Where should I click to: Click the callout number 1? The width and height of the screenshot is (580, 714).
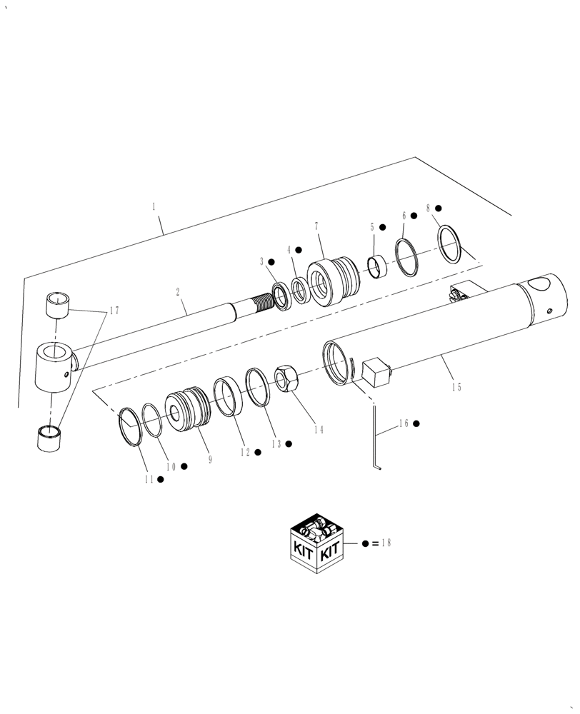tap(154, 206)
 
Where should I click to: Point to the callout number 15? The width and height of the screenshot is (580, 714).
tap(456, 387)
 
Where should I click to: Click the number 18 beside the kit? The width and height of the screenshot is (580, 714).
tap(386, 543)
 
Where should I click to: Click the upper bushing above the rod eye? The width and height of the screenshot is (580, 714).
tap(58, 305)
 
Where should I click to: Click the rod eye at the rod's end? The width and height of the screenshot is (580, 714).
tap(54, 366)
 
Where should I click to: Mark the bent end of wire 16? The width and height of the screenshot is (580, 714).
tap(379, 468)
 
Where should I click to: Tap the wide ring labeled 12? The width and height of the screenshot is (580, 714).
tap(229, 397)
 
